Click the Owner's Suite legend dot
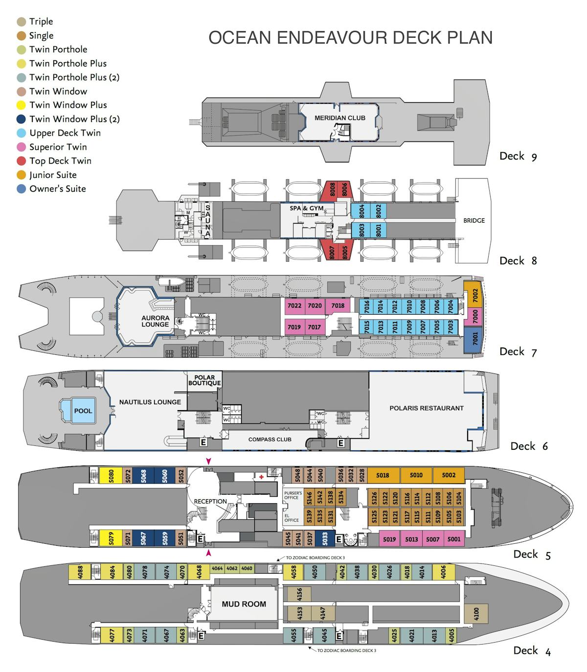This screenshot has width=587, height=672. [x=22, y=189]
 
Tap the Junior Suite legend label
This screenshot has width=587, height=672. [x=53, y=175]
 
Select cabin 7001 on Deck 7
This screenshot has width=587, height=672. [x=474, y=338]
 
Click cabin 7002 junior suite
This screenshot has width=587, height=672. [x=474, y=295]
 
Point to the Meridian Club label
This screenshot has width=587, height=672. [x=340, y=118]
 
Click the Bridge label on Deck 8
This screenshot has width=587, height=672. [x=474, y=221]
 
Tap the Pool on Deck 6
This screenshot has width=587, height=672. [x=83, y=411]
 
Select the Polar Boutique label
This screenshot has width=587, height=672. [x=204, y=380]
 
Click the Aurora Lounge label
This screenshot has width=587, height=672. [x=155, y=321]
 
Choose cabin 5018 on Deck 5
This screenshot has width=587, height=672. [x=383, y=475]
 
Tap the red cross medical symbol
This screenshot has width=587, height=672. [x=262, y=477]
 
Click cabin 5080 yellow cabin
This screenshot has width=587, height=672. [x=111, y=475]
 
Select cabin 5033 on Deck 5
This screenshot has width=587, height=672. [x=324, y=539]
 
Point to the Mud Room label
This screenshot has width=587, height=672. [x=244, y=604]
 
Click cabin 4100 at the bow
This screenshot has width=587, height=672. [x=476, y=613]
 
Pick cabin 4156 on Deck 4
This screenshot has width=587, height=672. [x=299, y=594]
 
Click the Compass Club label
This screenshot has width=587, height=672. [x=270, y=440]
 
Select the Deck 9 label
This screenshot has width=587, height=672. [x=518, y=156]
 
